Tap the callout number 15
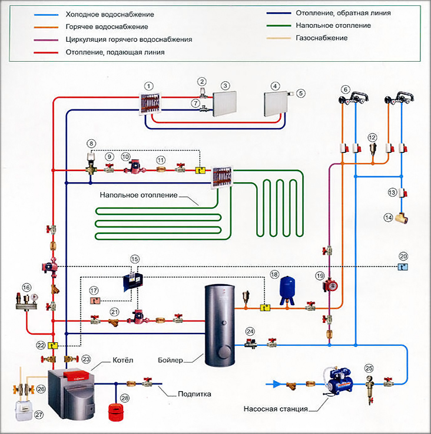click(x=135, y=259)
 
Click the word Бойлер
click(x=171, y=359)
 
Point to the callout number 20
click(x=403, y=256)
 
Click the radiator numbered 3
click(x=224, y=102)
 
